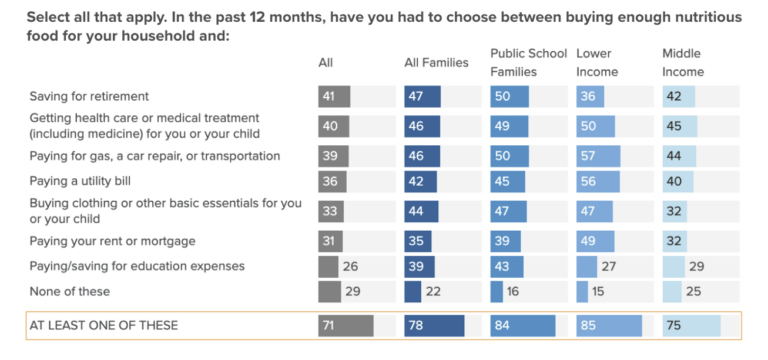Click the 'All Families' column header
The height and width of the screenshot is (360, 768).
pyautogui.click(x=436, y=63)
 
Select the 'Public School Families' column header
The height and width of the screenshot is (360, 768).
pyautogui.click(x=528, y=63)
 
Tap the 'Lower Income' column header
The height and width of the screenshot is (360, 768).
pyautogui.click(x=597, y=63)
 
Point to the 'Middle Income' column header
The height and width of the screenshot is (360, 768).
pyautogui.click(x=683, y=63)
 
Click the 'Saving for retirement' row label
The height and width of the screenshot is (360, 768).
pyautogui.click(x=89, y=96)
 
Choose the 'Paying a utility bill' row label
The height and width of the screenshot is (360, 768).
pyautogui.click(x=80, y=181)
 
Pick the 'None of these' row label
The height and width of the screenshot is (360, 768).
pyautogui.click(x=70, y=291)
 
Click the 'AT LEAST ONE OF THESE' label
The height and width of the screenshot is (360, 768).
pyautogui.click(x=104, y=325)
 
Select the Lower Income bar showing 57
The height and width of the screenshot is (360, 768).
pyautogui.click(x=599, y=156)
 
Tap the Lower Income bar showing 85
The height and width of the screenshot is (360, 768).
pyautogui.click(x=609, y=326)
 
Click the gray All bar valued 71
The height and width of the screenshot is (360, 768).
pyautogui.click(x=346, y=326)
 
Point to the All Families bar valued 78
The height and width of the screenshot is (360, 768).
pyautogui.click(x=434, y=326)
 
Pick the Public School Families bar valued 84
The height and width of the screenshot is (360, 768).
pyautogui.click(x=523, y=326)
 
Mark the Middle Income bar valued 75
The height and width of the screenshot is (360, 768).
pyautogui.click(x=692, y=326)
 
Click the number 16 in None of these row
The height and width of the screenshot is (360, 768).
pyautogui.click(x=511, y=292)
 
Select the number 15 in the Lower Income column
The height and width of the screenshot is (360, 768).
pyautogui.click(x=597, y=292)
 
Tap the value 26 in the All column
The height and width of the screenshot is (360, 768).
pyautogui.click(x=351, y=267)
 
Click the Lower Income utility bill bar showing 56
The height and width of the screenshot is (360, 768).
pyautogui.click(x=598, y=182)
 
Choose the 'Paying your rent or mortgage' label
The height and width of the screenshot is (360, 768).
pyautogui.click(x=113, y=241)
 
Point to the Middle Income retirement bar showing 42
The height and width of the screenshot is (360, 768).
pyautogui.click(x=679, y=96)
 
